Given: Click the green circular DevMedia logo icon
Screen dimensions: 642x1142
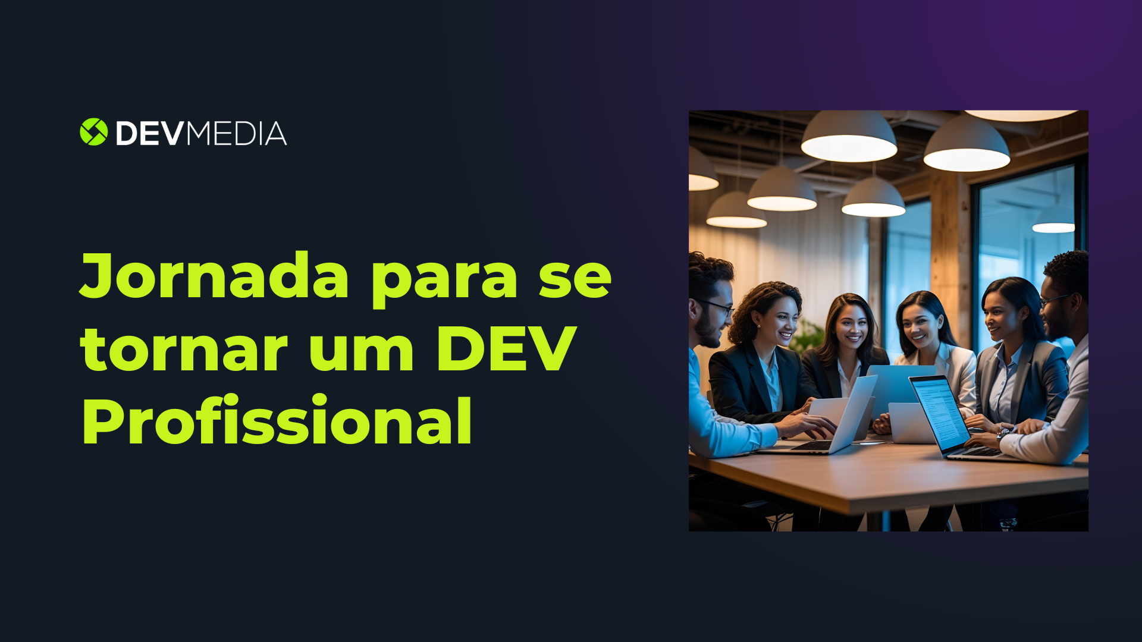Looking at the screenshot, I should coord(93,132).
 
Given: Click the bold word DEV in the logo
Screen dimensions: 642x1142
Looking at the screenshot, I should coord(149,134).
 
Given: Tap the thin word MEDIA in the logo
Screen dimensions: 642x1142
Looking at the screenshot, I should coord(237,134).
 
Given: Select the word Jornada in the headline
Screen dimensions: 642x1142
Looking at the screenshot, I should coord(214,276).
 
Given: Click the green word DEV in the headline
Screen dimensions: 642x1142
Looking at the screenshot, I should coord(506,350).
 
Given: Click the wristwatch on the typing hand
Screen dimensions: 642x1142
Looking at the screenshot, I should coord(1003,433).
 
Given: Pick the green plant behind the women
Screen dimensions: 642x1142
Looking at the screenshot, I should coord(809,336).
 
